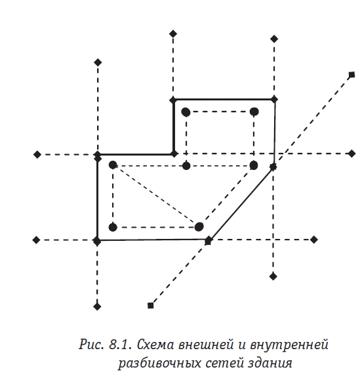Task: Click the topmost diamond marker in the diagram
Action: click(x=173, y=33)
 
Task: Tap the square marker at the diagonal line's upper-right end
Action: click(x=351, y=75)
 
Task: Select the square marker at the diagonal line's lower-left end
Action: click(x=150, y=305)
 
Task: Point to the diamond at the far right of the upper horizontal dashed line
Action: click(x=351, y=154)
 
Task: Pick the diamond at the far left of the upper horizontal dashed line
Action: click(x=37, y=154)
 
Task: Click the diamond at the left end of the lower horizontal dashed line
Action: click(x=36, y=240)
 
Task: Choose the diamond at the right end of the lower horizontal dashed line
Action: click(x=313, y=240)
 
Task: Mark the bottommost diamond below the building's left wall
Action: click(x=97, y=306)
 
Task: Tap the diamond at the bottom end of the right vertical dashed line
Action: click(x=273, y=276)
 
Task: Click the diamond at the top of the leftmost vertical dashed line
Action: click(x=98, y=62)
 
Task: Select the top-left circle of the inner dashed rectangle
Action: click(x=186, y=112)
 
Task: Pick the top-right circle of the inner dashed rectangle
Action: click(x=254, y=112)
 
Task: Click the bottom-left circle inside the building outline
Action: click(x=113, y=227)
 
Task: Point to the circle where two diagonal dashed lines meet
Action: click(x=199, y=227)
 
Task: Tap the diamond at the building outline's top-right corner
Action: click(x=274, y=99)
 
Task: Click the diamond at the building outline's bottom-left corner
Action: click(x=97, y=241)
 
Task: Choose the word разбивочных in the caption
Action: click(x=161, y=364)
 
